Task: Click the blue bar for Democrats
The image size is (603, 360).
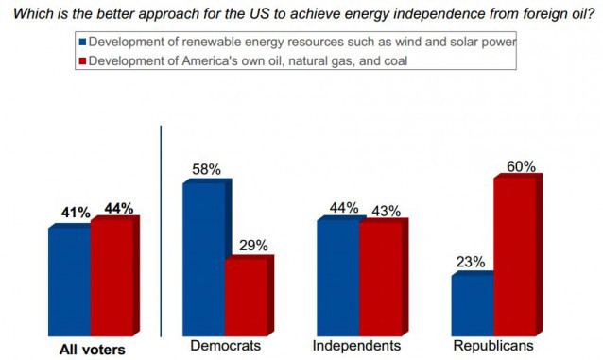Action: [x=203, y=255]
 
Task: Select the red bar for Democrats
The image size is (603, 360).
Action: [x=245, y=293]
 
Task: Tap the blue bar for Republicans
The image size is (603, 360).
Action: [x=472, y=302]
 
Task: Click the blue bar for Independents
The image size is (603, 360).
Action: [x=337, y=275]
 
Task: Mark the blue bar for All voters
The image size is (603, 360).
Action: [x=69, y=279]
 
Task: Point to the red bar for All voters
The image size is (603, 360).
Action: [x=111, y=277]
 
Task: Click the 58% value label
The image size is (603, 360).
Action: [x=206, y=169]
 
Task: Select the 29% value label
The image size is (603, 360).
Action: [x=251, y=245]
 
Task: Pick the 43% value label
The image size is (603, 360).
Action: [x=385, y=208]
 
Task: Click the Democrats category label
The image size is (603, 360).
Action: [x=226, y=347]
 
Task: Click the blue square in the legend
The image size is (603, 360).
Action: [x=82, y=43]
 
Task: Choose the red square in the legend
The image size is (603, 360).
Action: [x=82, y=60]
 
